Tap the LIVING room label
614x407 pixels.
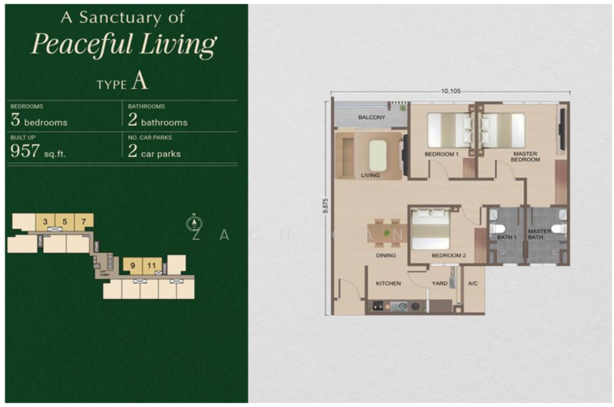click(x=371, y=175)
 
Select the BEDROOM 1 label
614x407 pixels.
click(x=441, y=154)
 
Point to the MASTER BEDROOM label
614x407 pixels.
click(x=527, y=157)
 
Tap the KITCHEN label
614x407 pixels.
click(x=388, y=284)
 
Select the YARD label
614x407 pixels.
click(x=439, y=284)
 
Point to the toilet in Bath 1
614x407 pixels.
click(x=497, y=228)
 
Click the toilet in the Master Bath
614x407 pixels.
click(x=559, y=228)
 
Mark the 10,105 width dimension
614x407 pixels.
click(x=451, y=91)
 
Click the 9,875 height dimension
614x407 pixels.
click(x=325, y=208)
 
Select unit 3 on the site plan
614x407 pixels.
click(x=46, y=223)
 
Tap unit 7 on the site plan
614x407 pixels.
click(x=83, y=223)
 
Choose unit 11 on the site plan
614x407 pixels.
click(x=152, y=266)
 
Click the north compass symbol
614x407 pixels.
click(x=194, y=224)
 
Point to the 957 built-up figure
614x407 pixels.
click(x=25, y=150)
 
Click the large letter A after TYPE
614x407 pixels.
click(x=139, y=80)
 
